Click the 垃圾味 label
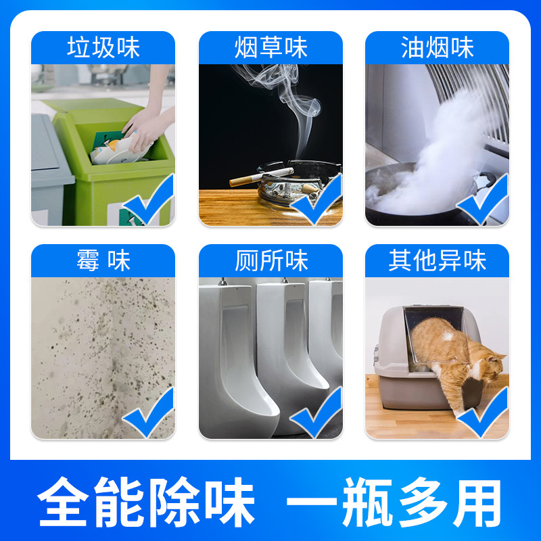pyautogui.click(x=103, y=48)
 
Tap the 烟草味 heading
pyautogui.click(x=270, y=48)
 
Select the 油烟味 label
pyautogui.click(x=437, y=48)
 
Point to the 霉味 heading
pyautogui.click(x=103, y=261)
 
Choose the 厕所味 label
pyautogui.click(x=270, y=261)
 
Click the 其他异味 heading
pyautogui.click(x=437, y=261)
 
